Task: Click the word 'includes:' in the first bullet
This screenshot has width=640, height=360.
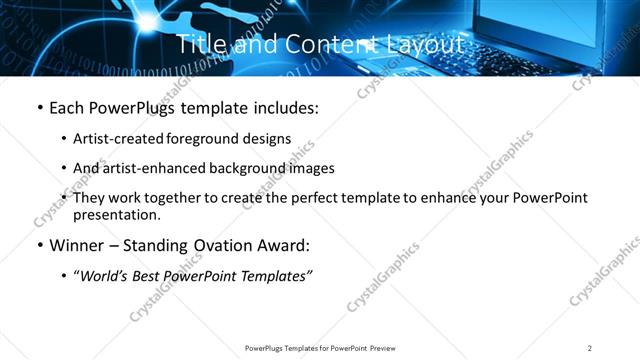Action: (284, 108)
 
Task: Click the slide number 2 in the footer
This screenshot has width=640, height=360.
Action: (590, 348)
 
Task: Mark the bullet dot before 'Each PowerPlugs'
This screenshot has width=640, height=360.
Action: (39, 108)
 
